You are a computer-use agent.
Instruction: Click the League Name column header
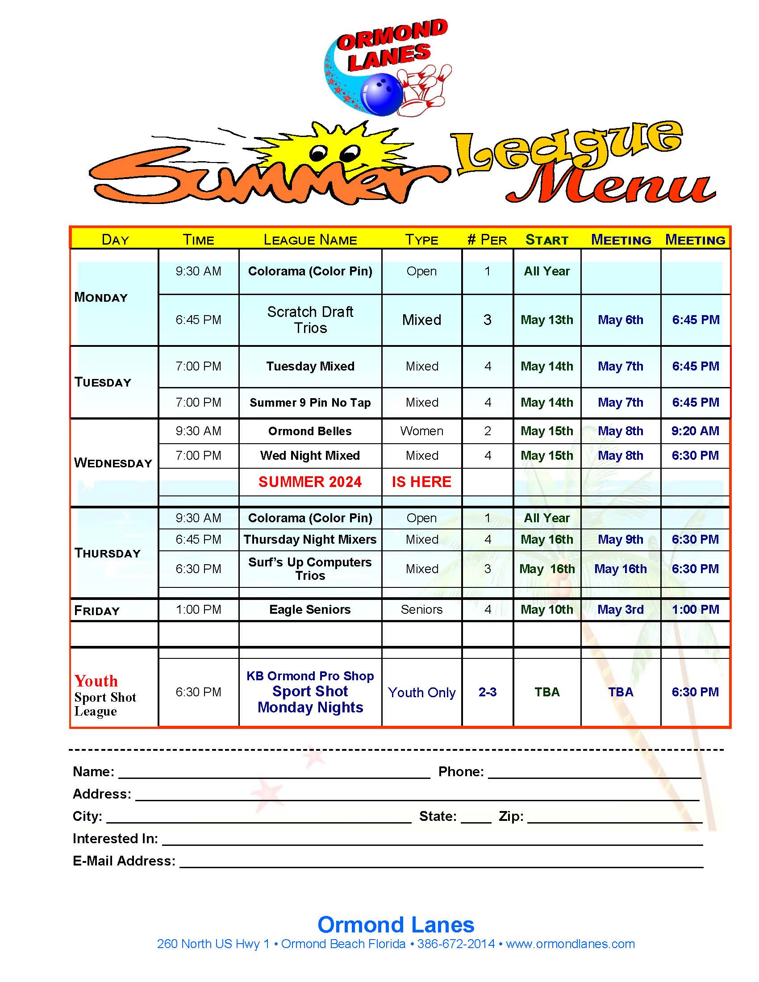310,240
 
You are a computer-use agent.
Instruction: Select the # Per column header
487,240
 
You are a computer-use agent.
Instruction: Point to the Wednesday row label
113,463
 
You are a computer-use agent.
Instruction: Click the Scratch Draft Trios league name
310,320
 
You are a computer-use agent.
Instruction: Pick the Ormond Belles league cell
310,431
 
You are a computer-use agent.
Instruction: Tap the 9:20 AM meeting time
695,431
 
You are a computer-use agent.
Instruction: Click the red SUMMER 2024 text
310,482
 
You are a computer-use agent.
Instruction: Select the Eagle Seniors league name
310,610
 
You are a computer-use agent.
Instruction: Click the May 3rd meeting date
621,610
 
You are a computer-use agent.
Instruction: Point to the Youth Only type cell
422,692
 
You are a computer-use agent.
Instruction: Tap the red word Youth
96,681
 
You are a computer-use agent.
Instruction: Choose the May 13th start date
547,320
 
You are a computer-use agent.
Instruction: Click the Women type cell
422,431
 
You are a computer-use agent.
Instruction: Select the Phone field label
461,772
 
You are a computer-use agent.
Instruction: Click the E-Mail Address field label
124,861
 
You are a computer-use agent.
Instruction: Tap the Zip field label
511,816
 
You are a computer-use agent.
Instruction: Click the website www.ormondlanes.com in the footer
570,944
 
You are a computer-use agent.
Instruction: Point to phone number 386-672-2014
456,944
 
